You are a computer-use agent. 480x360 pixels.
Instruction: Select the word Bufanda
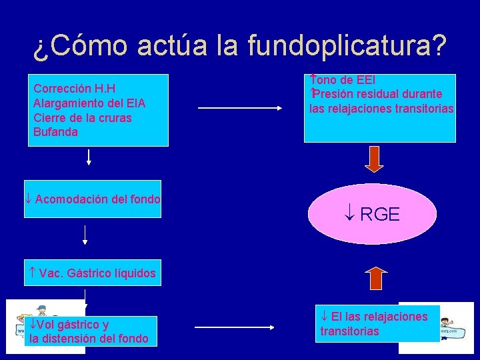pyautogui.click(x=55, y=132)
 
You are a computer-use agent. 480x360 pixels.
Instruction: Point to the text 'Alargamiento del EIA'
pyautogui.click(x=89, y=103)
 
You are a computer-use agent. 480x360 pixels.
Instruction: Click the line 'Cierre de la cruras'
pyautogui.click(x=82, y=118)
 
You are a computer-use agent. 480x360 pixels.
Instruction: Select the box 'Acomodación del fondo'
pyautogui.click(x=93, y=199)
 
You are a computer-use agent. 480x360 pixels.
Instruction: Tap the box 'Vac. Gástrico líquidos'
pyautogui.click(x=93, y=273)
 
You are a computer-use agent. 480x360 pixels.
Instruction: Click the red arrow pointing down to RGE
pyautogui.click(x=375, y=159)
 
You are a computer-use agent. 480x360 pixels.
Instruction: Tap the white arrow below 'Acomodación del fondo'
pyautogui.click(x=85, y=234)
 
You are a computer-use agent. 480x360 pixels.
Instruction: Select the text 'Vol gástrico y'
pyautogui.click(x=69, y=325)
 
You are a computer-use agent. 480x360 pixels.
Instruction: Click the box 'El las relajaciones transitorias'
pyautogui.click(x=377, y=323)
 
